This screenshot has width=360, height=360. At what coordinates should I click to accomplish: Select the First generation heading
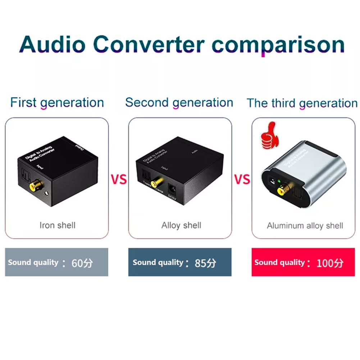pos(57,102)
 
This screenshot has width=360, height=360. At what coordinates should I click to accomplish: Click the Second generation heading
pos(179,102)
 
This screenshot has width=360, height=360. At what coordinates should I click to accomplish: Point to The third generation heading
pos(302,103)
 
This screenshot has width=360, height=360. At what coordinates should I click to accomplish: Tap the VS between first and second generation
pos(118,179)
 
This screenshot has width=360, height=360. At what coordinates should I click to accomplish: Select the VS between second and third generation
pos(242,179)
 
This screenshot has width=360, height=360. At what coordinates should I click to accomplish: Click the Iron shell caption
pos(57,225)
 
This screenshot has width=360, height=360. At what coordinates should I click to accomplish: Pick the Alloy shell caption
pos(181,225)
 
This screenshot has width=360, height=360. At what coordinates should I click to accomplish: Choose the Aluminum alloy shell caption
pos(305,226)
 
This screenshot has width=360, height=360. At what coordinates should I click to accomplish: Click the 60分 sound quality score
pos(82,263)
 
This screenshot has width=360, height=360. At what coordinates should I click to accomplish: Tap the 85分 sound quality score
pos(205,263)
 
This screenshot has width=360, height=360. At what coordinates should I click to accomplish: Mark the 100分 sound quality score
pos(330,263)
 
